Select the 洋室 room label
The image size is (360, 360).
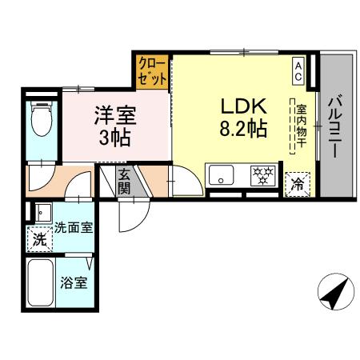tap(117, 114)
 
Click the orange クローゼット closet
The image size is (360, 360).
tap(152, 71)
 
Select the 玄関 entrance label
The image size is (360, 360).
tap(126, 182)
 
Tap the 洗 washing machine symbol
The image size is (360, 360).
tap(38, 238)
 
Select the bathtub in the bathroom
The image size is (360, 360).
tap(40, 285)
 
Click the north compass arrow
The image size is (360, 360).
tap(335, 294)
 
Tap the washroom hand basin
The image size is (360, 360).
tap(41, 213)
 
